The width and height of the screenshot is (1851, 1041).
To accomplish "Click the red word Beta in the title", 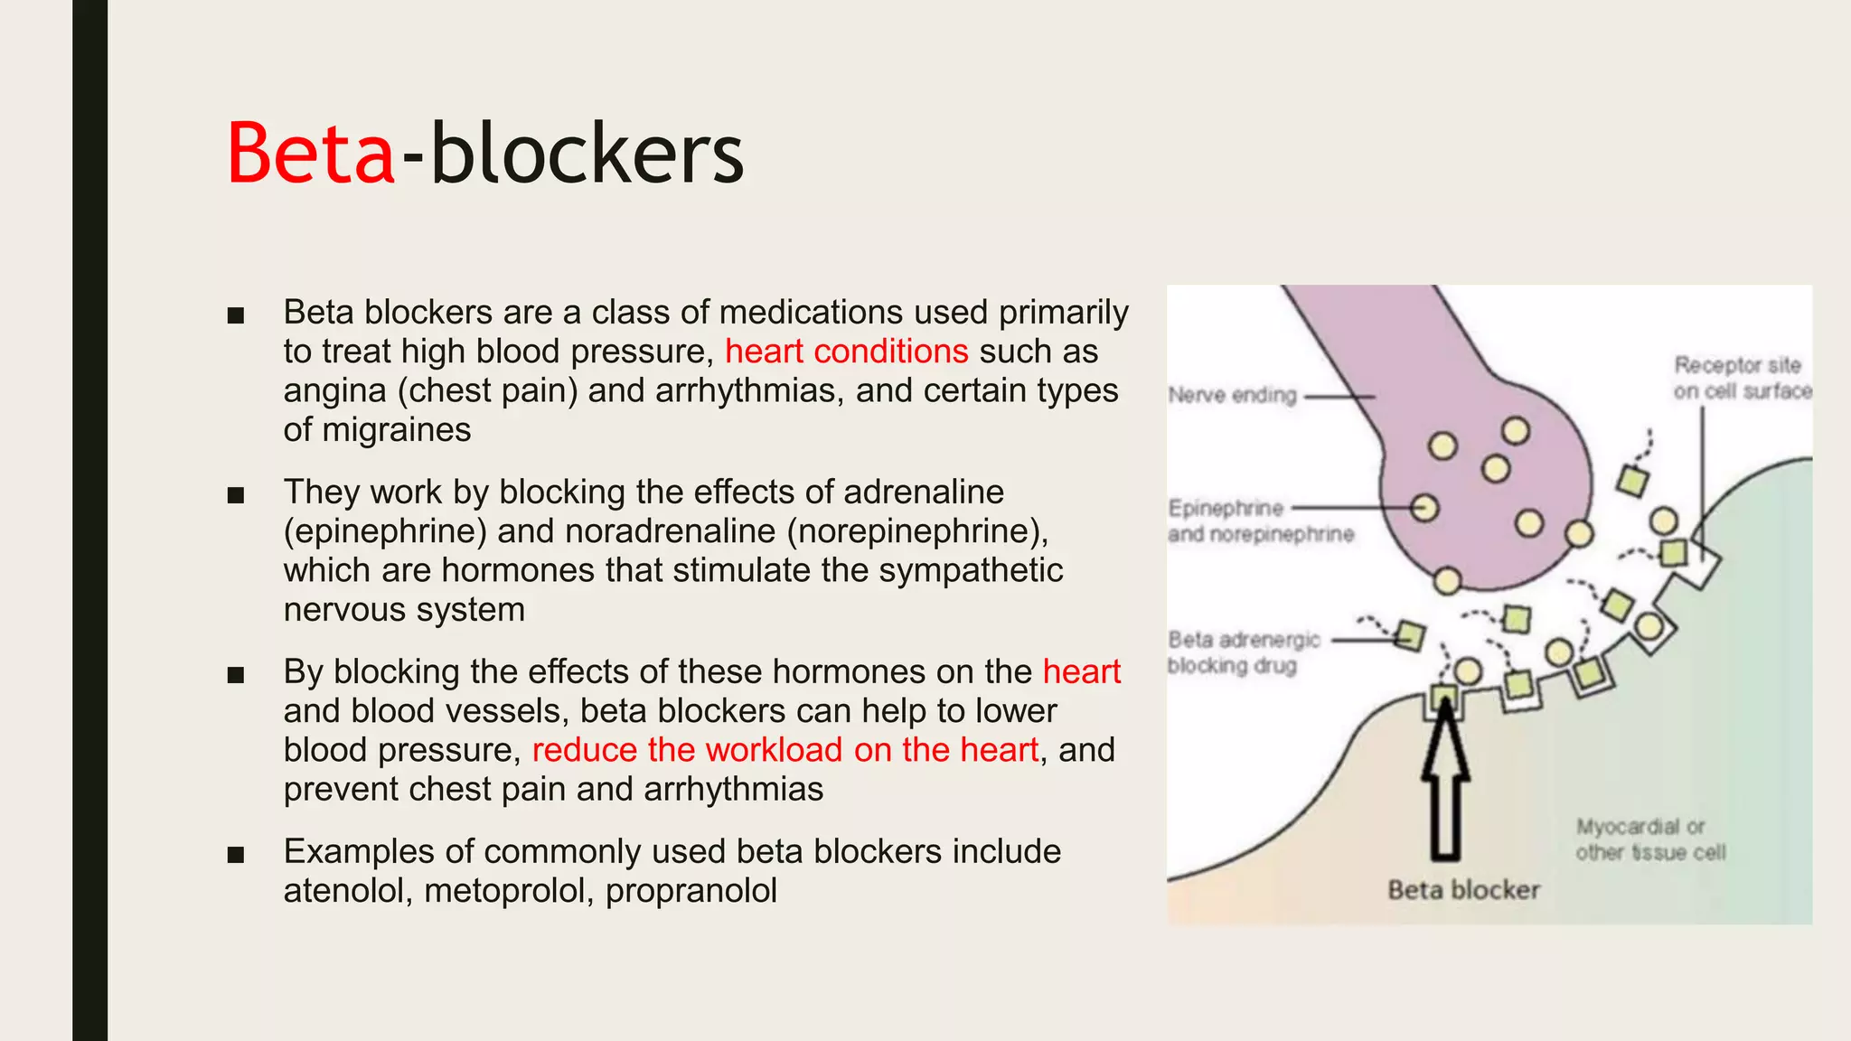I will coord(310,154).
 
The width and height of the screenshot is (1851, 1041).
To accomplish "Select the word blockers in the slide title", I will coord(587,154).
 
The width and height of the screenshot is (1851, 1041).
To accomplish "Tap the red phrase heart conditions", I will coord(846,352).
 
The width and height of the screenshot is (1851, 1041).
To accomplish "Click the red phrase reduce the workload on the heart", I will coord(785,750).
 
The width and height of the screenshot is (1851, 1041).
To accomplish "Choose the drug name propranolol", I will coord(691,891).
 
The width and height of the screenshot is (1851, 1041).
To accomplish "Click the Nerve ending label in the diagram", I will coord(1232,395).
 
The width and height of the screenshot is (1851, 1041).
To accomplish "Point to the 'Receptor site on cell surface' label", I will coord(1741,378).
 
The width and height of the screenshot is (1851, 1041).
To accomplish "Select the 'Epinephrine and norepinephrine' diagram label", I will coord(1260,521).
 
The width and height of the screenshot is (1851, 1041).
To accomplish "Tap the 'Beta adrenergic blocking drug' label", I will coord(1243,652).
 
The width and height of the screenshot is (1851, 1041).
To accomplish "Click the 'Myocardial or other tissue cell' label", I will coord(1649,839).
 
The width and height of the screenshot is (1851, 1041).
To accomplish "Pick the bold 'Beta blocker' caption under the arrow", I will coord(1463,890).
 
